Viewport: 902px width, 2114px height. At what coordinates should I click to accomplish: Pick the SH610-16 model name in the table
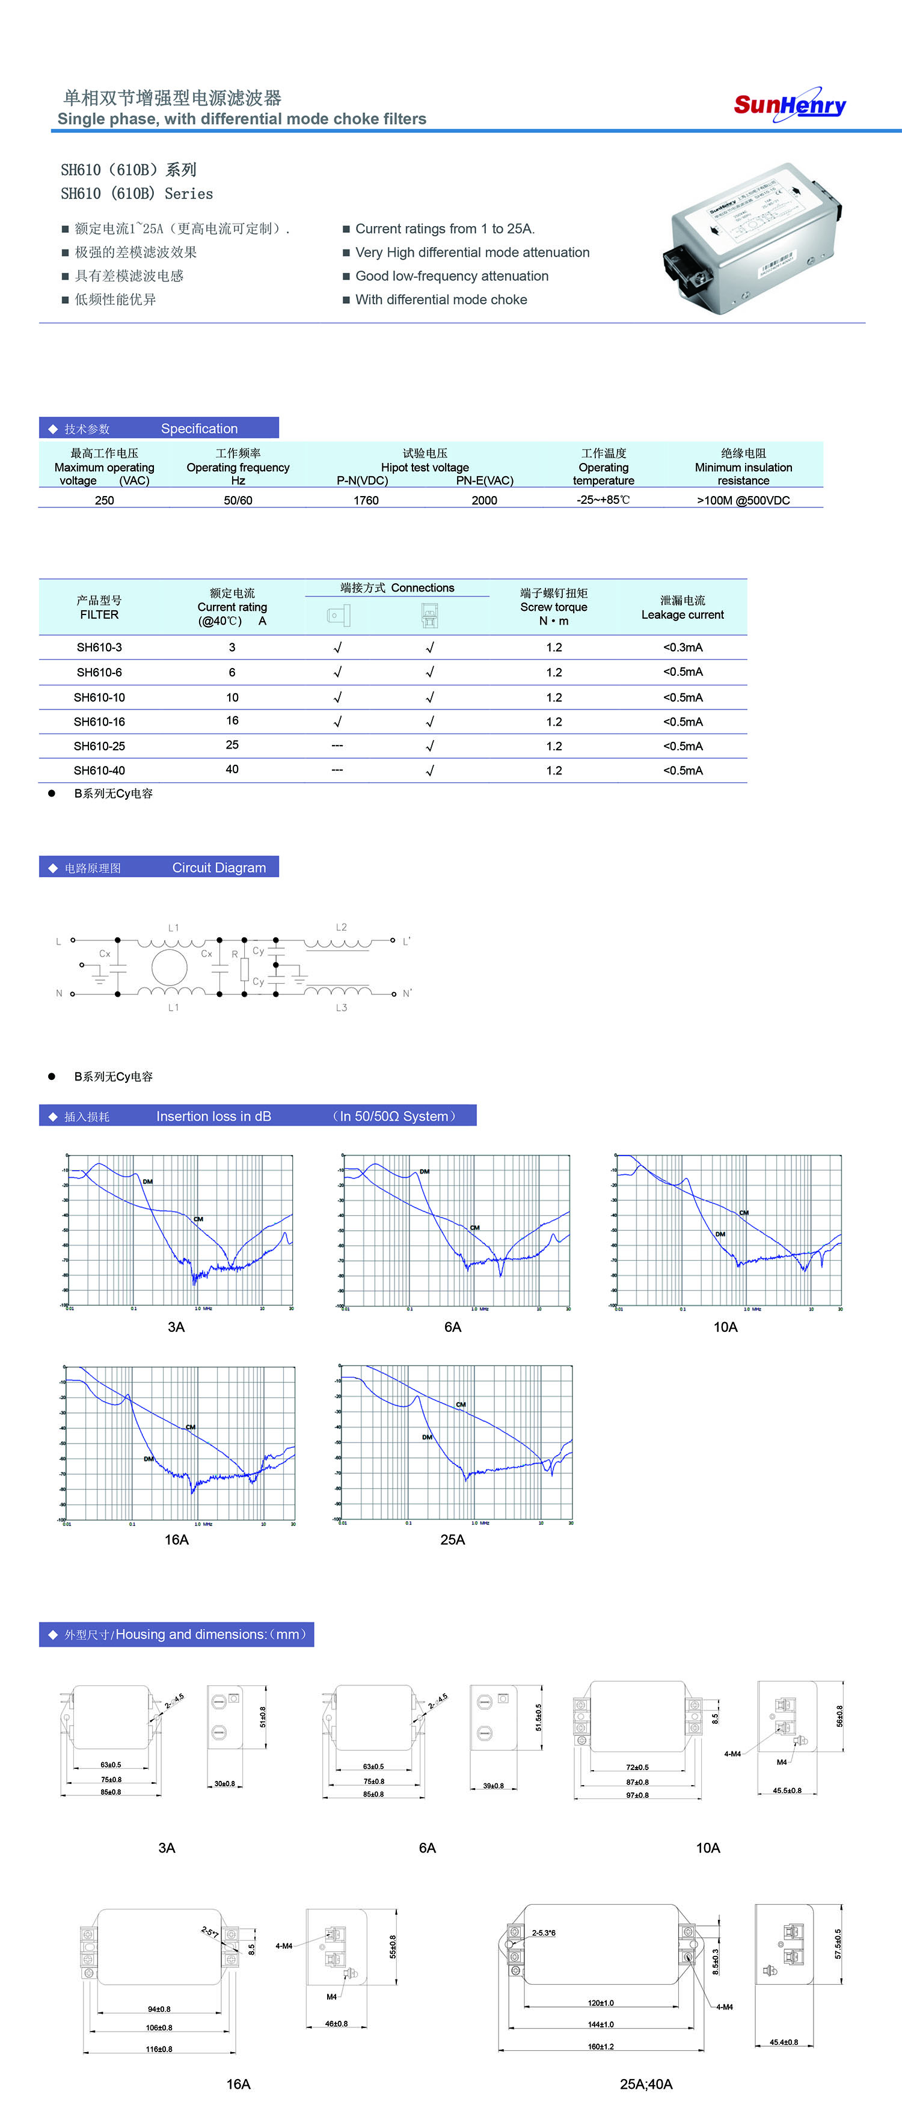click(x=99, y=722)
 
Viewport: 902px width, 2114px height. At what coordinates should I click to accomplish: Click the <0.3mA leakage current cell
click(x=683, y=648)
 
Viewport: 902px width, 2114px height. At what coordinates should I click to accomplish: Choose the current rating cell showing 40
click(x=232, y=770)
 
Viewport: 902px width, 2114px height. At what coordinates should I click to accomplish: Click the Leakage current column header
click(x=683, y=607)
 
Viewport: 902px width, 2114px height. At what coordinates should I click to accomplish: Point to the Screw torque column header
click(x=554, y=607)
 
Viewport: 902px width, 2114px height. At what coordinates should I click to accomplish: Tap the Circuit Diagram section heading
click(x=218, y=868)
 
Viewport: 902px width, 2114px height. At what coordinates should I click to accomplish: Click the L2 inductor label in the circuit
click(x=342, y=927)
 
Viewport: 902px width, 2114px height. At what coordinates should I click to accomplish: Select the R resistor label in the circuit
click(x=235, y=954)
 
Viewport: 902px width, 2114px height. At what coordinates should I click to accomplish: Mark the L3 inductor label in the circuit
click(x=342, y=1008)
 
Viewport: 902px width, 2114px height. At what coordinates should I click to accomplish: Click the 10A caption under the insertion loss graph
click(x=726, y=1327)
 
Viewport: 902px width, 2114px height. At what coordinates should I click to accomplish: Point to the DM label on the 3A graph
click(x=148, y=1181)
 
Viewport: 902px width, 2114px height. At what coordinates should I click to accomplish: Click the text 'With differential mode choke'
click(x=441, y=299)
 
